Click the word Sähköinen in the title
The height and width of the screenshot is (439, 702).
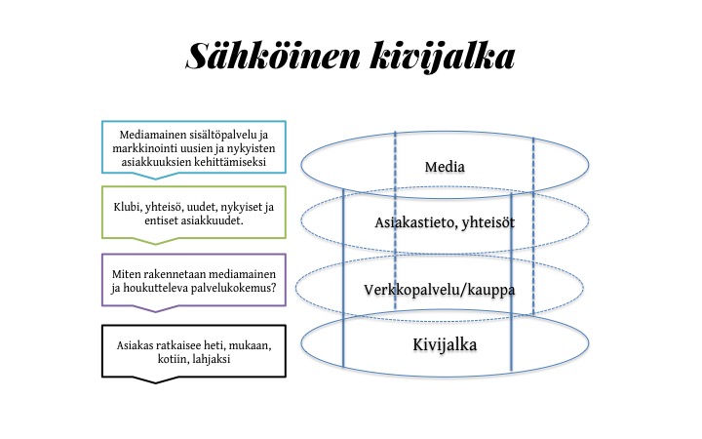pos(273,56)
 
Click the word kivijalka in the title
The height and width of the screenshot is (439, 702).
pos(443,58)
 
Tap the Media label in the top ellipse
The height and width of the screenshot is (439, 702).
pos(445,167)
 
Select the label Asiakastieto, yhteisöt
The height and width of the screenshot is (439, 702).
pos(445,222)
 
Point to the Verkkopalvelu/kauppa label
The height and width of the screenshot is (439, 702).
pos(439,290)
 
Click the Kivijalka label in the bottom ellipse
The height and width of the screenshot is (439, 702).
pos(445,344)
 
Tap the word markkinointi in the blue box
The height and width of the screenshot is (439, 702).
pos(139,148)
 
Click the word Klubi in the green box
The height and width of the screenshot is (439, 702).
pos(126,207)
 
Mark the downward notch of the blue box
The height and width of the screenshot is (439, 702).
pos(156,178)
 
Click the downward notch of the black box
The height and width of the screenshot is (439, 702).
pos(156,382)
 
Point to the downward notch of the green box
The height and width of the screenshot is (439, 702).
pos(156,243)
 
